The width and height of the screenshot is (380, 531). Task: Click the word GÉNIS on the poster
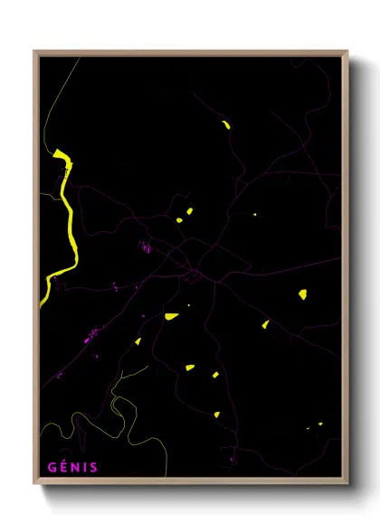72,467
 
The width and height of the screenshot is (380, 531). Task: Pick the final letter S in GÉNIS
93,467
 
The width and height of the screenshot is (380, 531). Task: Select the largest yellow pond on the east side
302,294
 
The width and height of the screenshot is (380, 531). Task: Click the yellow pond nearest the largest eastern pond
266,324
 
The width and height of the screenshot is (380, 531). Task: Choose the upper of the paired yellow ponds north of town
189,212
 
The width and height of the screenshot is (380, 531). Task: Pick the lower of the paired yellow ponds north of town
179,219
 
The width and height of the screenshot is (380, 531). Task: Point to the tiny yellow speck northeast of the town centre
254,214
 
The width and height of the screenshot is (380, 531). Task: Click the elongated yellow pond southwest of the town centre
171,316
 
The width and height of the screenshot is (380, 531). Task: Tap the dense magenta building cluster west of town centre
145,245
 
